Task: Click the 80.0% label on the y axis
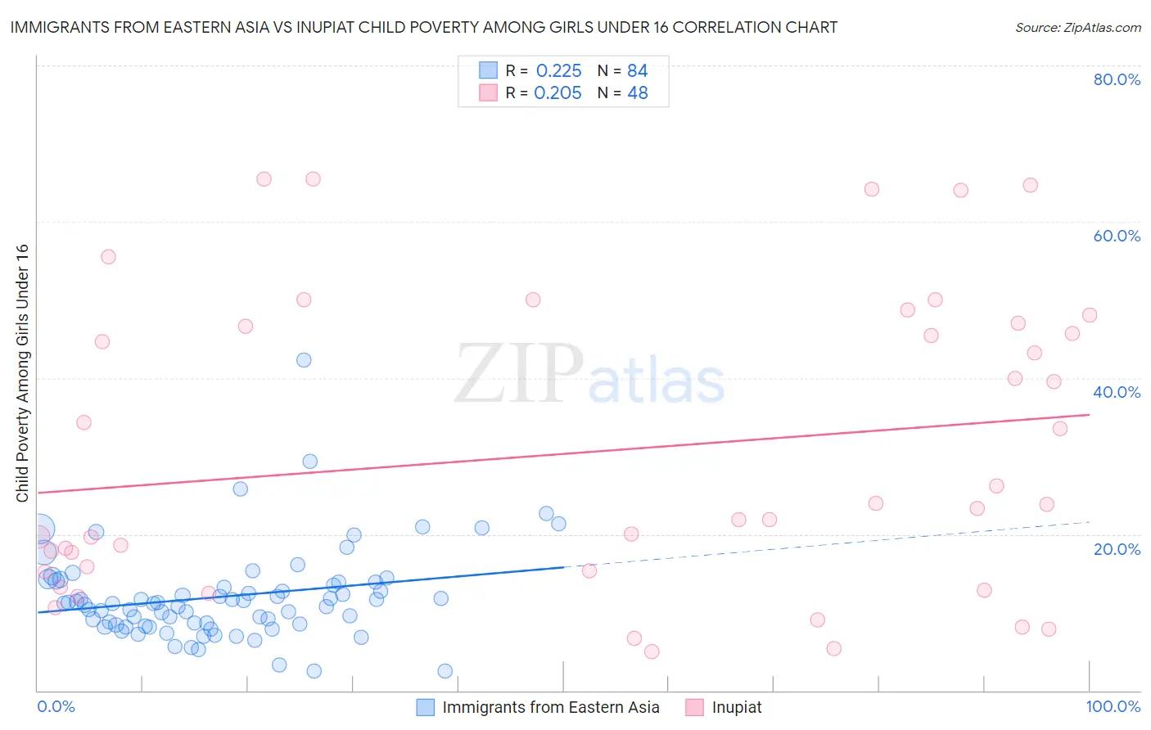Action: (1117, 79)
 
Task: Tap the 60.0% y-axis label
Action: (1117, 236)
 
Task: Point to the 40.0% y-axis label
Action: (1117, 392)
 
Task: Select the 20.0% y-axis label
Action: (1117, 548)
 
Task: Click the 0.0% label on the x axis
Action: (56, 706)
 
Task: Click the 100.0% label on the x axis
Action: (1113, 706)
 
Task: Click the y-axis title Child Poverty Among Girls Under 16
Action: (22, 373)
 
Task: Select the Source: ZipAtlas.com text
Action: (1077, 27)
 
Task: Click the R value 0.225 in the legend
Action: (558, 71)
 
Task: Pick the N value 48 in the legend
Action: (638, 93)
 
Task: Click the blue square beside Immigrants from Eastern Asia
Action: (425, 707)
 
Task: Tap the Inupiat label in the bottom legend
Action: (737, 707)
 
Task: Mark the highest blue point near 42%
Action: (304, 360)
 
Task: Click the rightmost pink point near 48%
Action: (1090, 315)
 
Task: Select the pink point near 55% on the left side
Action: (108, 257)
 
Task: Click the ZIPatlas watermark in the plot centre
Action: (589, 375)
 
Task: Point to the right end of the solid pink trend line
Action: (1089, 415)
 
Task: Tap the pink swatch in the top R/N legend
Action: (488, 93)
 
